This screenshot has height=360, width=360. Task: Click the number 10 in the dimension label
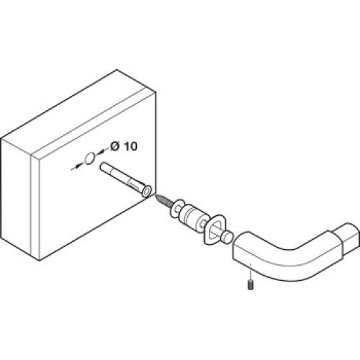(131, 146)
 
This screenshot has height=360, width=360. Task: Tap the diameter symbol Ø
(115, 146)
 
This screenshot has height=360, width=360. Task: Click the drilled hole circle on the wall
(90, 158)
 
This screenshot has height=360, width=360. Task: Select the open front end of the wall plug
(147, 191)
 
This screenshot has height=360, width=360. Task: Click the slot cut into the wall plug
(135, 186)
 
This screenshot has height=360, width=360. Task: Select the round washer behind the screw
(176, 208)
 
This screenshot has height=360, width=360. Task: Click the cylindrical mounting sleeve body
(192, 217)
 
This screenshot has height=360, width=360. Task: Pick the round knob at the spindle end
(227, 237)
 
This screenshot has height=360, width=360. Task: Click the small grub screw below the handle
(251, 284)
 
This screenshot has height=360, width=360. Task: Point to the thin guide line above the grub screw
(250, 271)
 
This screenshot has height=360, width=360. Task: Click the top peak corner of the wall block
(117, 70)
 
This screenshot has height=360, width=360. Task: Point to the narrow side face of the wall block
(16, 197)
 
